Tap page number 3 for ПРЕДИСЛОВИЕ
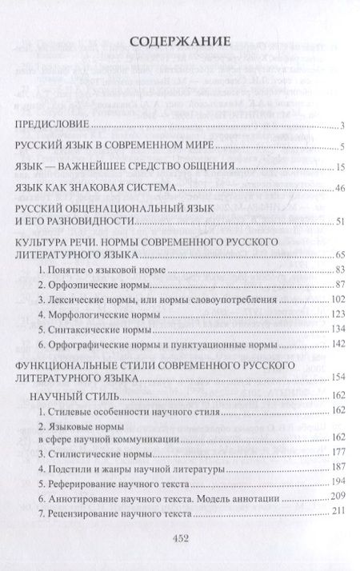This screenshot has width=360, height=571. tap(341, 126)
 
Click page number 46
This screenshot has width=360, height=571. tap(339, 189)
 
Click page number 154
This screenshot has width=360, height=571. tap(337, 377)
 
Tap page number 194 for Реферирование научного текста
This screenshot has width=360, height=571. tap(337, 485)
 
